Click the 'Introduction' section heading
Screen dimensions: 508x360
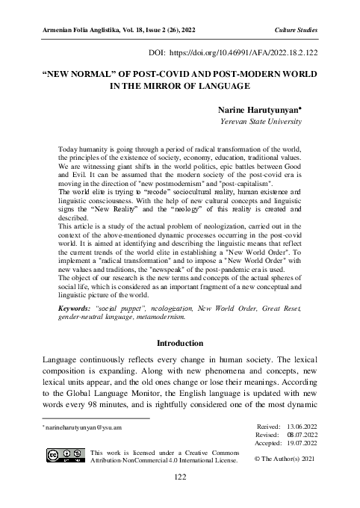pyautogui.click(x=180, y=344)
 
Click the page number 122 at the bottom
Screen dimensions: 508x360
pyautogui.click(x=180, y=497)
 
